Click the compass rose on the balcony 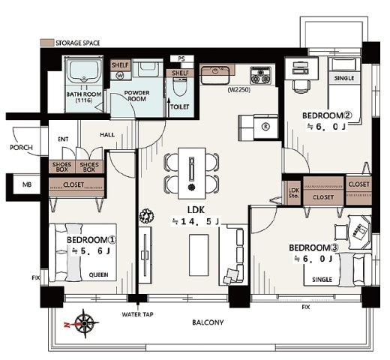(x=85, y=324)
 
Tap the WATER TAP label (x=137, y=314)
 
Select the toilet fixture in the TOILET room (x=180, y=87)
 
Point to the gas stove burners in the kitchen (x=261, y=75)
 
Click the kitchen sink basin (x=215, y=74)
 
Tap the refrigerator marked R (x=265, y=127)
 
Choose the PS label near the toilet (x=181, y=58)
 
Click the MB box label (x=27, y=184)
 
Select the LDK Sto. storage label (x=293, y=193)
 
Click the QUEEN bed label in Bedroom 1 (x=99, y=274)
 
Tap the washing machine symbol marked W (x=120, y=75)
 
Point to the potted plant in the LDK (x=146, y=216)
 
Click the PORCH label (x=21, y=148)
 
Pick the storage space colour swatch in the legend (x=47, y=43)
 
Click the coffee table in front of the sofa (x=199, y=255)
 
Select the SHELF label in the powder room (x=120, y=65)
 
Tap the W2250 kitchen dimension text (x=239, y=90)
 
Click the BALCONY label (x=208, y=322)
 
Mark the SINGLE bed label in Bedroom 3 (x=322, y=280)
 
